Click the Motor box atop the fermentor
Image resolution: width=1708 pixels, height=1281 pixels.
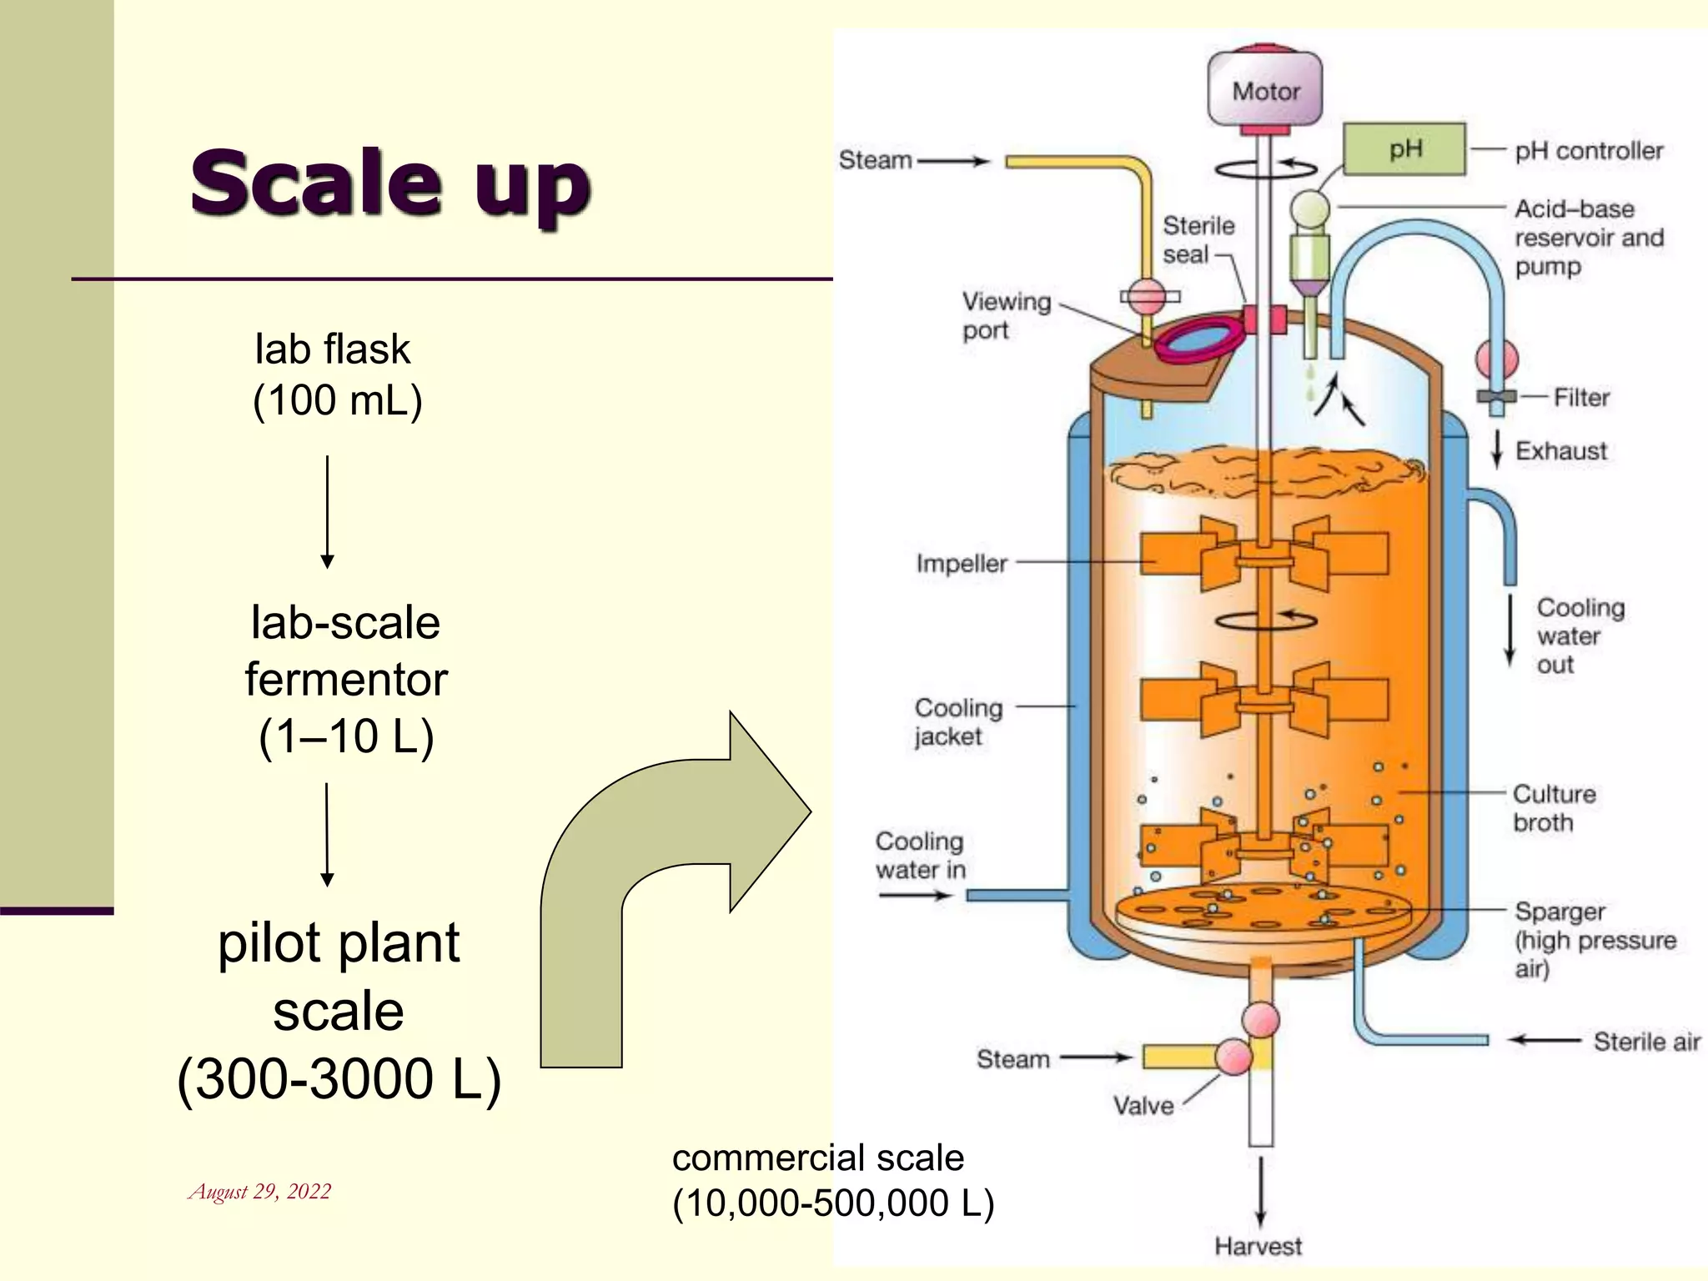tap(1265, 89)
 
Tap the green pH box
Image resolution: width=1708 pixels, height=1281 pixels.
tap(1404, 149)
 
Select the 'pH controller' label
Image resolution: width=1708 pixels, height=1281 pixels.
tap(1589, 151)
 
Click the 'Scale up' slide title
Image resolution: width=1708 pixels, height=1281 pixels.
tap(390, 183)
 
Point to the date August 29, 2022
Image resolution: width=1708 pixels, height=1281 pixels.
tap(260, 1191)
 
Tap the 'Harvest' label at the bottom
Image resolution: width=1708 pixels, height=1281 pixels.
tap(1258, 1246)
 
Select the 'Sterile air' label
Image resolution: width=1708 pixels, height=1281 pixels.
tap(1646, 1042)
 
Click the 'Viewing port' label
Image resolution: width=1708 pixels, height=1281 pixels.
tap(1006, 315)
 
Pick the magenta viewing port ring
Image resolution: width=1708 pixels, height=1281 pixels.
tap(1199, 341)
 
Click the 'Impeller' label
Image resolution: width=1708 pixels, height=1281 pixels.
tap(962, 564)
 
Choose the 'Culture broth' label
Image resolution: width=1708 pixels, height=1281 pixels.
tap(1554, 807)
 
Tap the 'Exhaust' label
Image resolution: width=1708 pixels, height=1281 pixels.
tap(1560, 451)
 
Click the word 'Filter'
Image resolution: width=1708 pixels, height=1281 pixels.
tap(1581, 398)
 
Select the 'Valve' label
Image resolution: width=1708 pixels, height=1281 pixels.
tap(1143, 1106)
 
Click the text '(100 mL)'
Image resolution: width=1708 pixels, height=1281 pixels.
tap(338, 400)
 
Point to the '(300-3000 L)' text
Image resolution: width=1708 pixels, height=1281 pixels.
tap(339, 1079)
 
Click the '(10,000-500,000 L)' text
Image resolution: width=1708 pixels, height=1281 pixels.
tap(833, 1203)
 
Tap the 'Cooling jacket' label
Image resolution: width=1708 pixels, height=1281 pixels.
tap(958, 721)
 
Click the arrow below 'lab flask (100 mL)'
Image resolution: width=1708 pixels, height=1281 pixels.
tap(328, 511)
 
